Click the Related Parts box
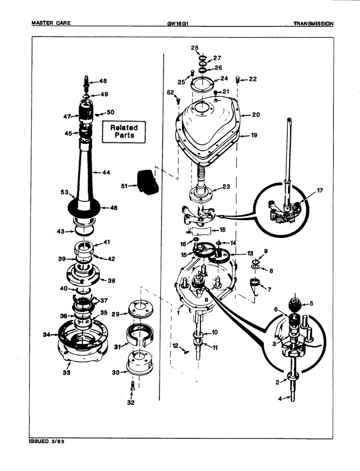point(123,132)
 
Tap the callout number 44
point(106,173)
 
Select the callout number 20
point(256,115)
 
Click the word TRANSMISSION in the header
point(313,24)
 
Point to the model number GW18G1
point(176,24)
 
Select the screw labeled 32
point(132,388)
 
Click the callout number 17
point(320,191)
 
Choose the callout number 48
point(103,81)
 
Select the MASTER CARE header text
point(51,24)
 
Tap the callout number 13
point(249,253)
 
